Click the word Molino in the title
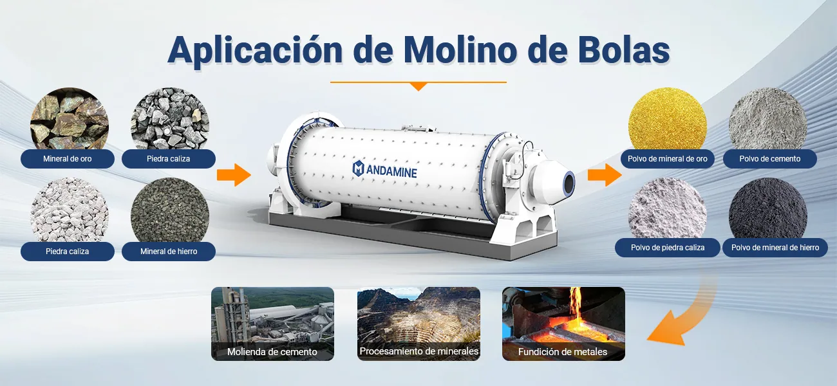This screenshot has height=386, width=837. coord(460,50)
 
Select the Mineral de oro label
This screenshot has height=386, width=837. coord(67,159)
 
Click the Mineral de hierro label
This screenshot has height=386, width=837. coord(169,252)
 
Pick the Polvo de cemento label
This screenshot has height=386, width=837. coord(770,159)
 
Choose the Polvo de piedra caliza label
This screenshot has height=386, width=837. coord(668,248)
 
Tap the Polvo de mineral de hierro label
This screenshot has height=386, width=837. coord(775,248)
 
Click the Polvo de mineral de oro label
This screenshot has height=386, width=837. coord(668,159)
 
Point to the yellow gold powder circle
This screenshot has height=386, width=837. coord(668,119)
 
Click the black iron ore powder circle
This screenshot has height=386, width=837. coord(768,208)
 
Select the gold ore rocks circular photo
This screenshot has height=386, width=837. coord(70,119)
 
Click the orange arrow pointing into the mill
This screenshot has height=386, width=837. coord(234,175)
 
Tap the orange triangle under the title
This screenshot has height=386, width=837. coord(418,87)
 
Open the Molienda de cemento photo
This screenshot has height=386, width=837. coord(273,324)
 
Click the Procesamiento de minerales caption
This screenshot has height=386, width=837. coord(419,351)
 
